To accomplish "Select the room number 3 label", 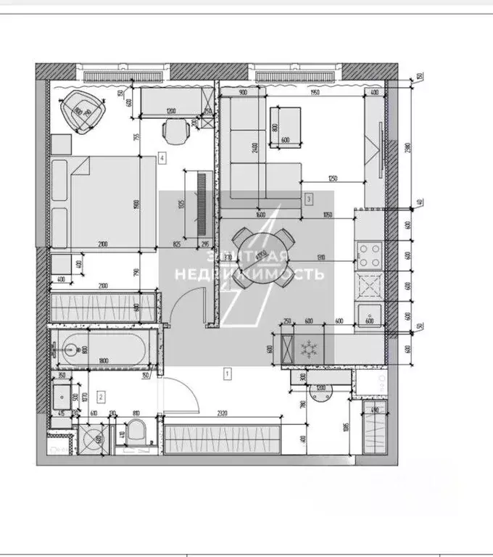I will click(309, 197).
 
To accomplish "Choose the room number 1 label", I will click(228, 374).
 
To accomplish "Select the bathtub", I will click(101, 349).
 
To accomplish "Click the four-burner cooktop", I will click(368, 254).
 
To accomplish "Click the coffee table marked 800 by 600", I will click(285, 128).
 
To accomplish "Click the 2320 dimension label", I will click(222, 413).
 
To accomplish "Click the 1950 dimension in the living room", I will click(314, 93).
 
